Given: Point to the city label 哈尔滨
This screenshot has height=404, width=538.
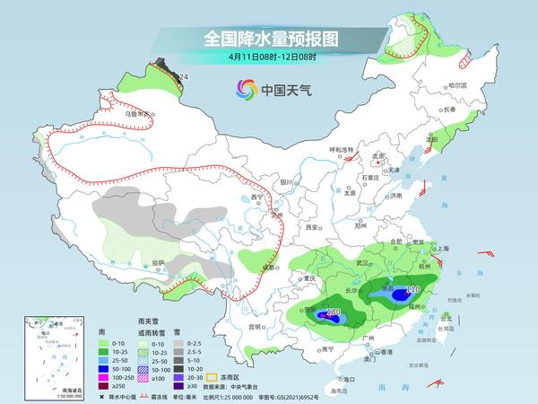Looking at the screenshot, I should pyautogui.click(x=457, y=84).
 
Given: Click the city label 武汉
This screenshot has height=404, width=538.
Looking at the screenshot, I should pyautogui.click(x=363, y=263).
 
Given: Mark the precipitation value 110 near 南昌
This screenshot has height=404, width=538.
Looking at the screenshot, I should pyautogui.click(x=412, y=289).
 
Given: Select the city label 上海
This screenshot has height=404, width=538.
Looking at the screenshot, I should pyautogui.click(x=443, y=247).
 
